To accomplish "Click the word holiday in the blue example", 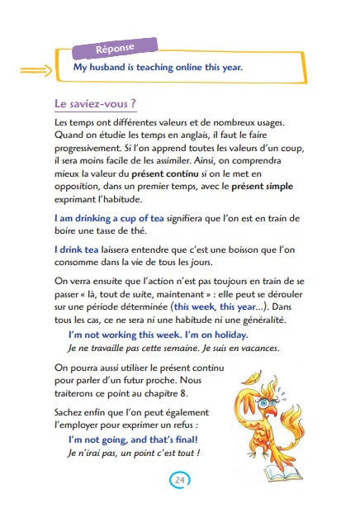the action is coord(227,335).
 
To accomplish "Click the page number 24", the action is coord(180,480).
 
